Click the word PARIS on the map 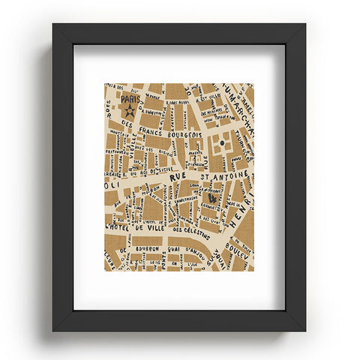click(x=128, y=98)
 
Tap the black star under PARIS click(x=129, y=111)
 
